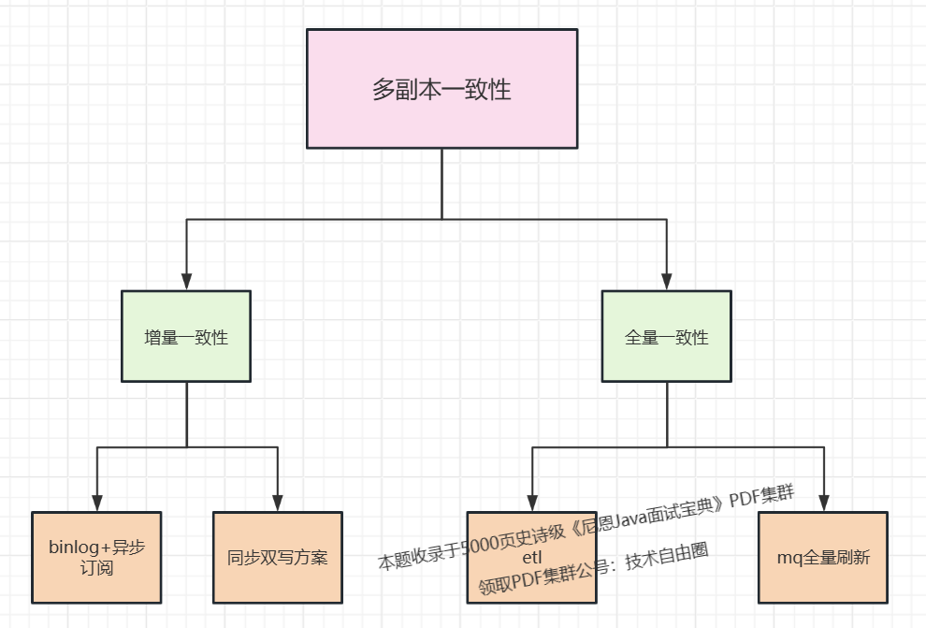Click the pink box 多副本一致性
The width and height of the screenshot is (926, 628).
click(441, 89)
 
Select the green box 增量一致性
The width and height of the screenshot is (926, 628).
click(186, 336)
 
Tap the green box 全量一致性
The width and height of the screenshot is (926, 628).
click(666, 336)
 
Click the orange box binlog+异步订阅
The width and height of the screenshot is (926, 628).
click(96, 558)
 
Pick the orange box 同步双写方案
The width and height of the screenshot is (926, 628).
click(278, 558)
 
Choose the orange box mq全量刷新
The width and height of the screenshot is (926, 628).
click(823, 558)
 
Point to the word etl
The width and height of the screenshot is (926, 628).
click(531, 560)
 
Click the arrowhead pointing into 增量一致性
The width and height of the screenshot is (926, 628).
click(187, 281)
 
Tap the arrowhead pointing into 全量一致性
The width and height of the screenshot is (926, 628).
click(667, 281)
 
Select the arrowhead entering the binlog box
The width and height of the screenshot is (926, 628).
click(97, 503)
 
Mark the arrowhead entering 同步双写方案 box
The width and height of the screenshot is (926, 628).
click(278, 503)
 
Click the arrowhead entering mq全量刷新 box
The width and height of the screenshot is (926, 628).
click(824, 503)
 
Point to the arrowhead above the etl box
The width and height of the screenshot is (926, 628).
click(532, 503)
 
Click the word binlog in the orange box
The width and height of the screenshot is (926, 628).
click(72, 548)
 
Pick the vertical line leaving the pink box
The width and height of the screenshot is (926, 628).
click(441, 183)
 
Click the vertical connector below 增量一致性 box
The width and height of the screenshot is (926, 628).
click(187, 414)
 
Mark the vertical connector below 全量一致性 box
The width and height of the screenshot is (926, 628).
click(667, 414)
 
